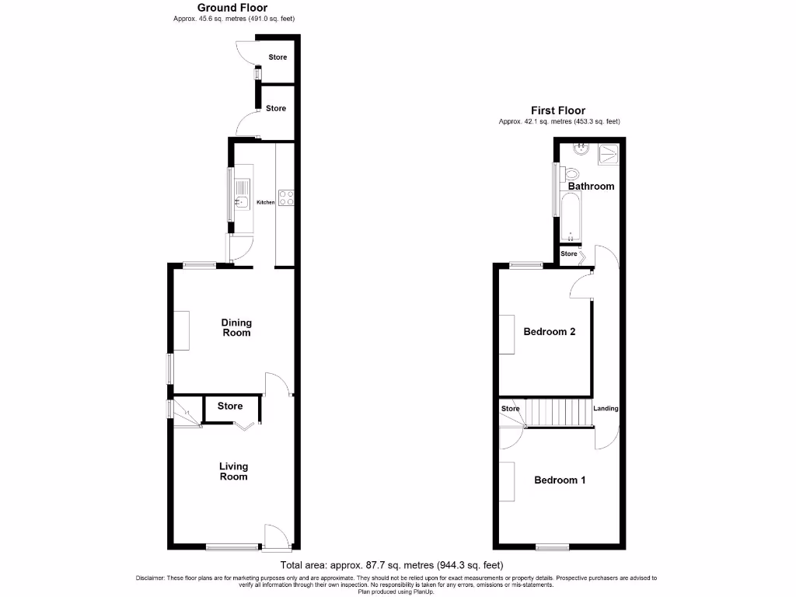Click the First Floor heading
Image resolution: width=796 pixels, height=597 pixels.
click(558, 110)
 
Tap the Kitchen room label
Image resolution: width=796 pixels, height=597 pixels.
click(266, 202)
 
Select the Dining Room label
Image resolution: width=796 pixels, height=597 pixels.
click(236, 327)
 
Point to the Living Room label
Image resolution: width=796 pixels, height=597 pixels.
click(233, 471)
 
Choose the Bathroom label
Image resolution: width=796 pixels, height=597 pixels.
click(591, 187)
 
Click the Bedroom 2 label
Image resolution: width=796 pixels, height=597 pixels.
click(549, 332)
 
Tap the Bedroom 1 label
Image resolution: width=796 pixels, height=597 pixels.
click(560, 480)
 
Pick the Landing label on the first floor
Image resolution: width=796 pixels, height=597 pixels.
click(606, 408)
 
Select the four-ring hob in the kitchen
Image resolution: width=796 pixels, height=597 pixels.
click(286, 197)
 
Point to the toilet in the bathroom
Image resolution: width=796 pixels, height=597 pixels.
click(574, 173)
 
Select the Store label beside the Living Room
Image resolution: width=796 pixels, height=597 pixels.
click(230, 406)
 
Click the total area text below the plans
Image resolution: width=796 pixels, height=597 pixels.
click(396, 565)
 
